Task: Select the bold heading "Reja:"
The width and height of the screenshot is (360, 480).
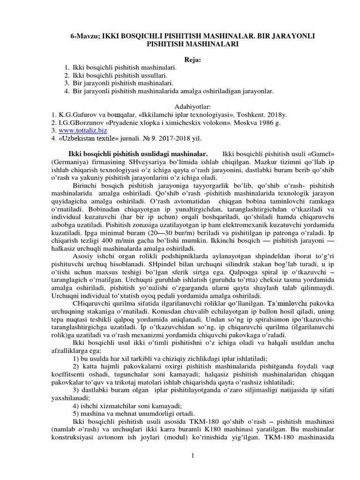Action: [x=180, y=60]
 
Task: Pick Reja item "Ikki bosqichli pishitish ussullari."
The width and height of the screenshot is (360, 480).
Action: [x=120, y=75]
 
